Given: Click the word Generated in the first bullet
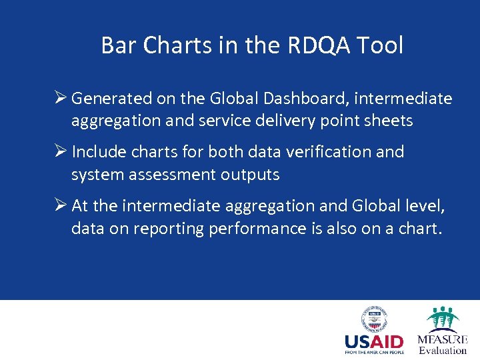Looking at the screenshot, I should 111,99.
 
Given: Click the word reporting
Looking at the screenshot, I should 169,228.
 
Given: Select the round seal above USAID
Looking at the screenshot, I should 374,319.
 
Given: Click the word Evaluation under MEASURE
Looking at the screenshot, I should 443,351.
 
